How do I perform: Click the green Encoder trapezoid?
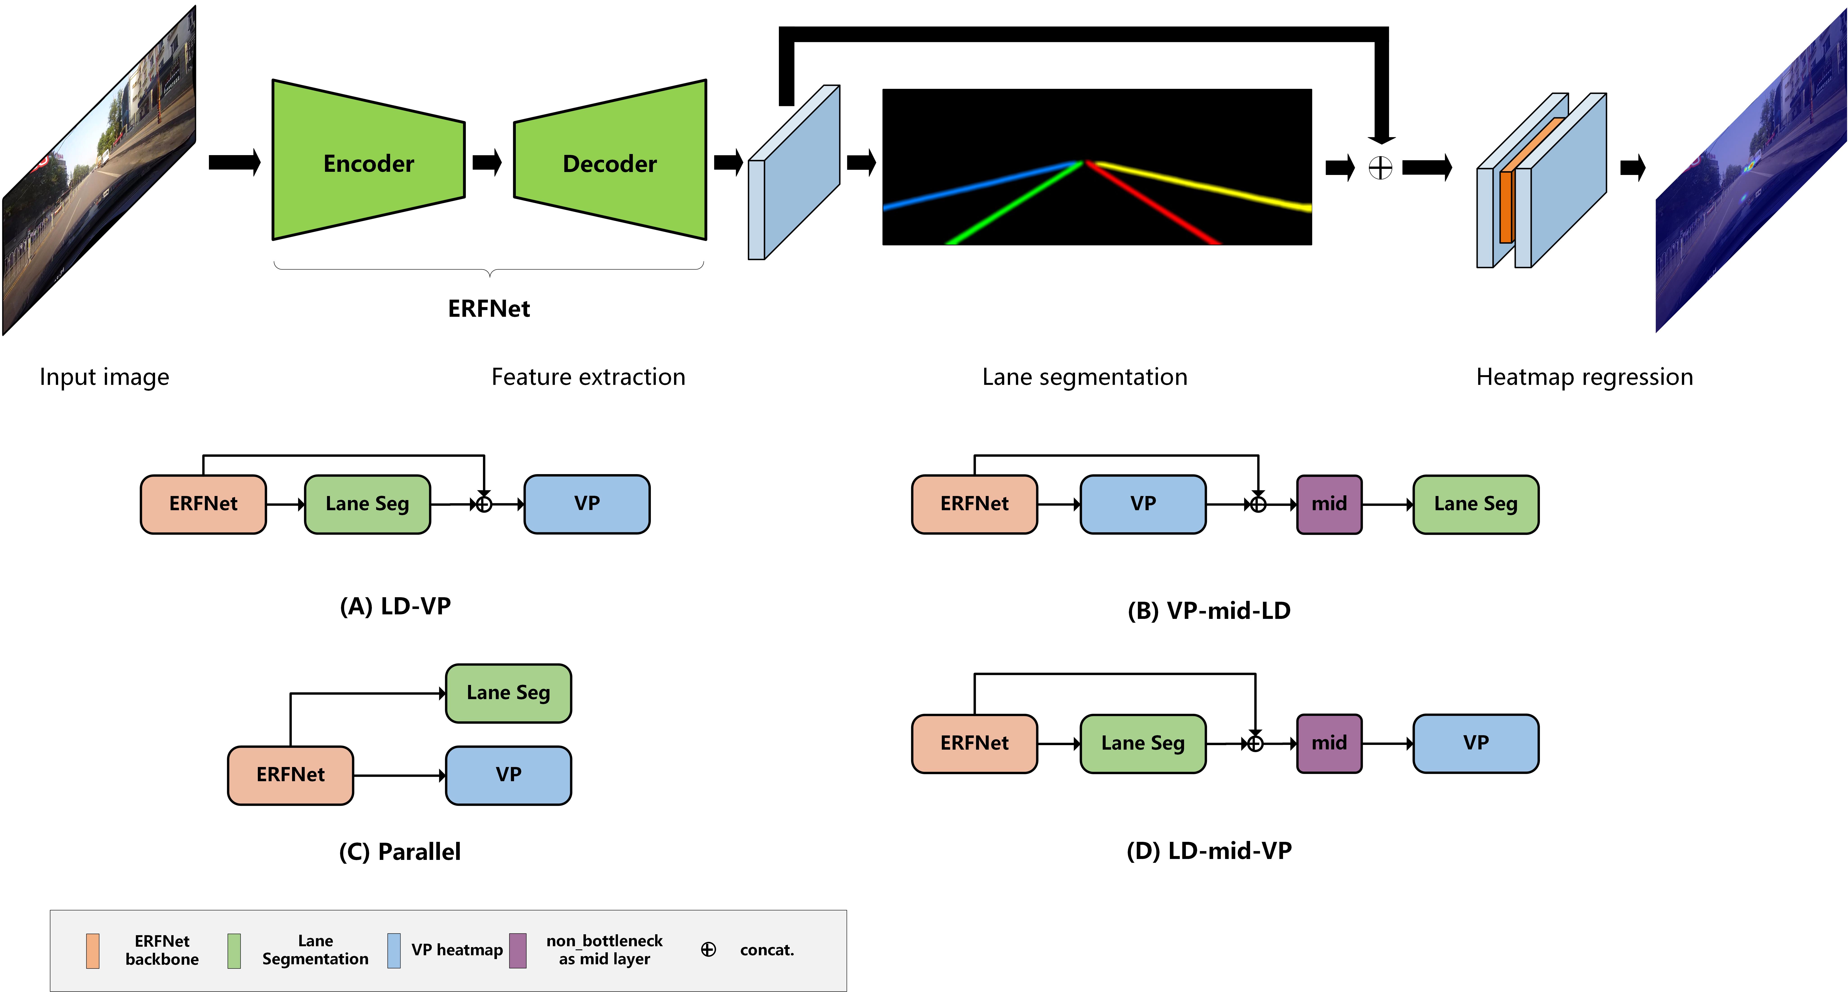(368, 160)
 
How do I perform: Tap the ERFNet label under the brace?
(489, 309)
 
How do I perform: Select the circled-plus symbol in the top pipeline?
(1380, 169)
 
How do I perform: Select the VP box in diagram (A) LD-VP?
(587, 504)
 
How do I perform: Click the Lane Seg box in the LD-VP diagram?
(367, 504)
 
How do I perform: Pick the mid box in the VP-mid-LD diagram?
(1329, 504)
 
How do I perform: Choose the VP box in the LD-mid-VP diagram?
(1476, 743)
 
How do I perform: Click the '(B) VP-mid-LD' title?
(1209, 611)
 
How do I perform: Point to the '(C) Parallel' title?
(400, 852)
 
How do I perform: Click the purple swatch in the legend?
(518, 950)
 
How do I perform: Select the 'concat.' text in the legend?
(767, 950)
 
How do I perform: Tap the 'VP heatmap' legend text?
(457, 950)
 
